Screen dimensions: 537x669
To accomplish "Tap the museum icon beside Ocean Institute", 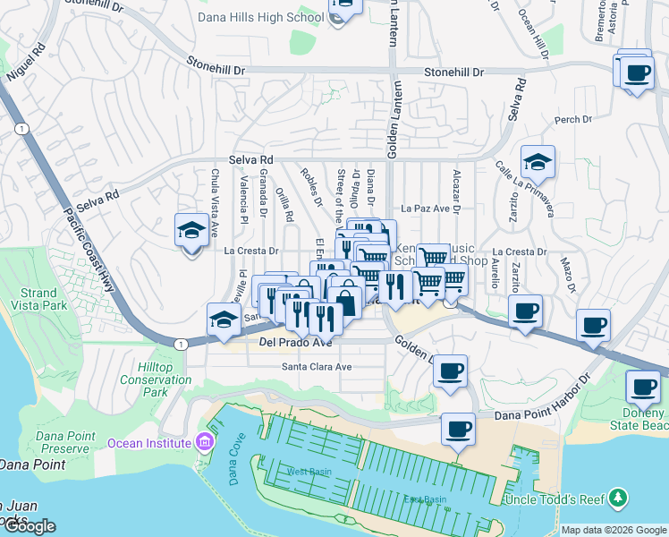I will click(x=205, y=442).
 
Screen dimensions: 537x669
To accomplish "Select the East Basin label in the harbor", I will click(x=424, y=499).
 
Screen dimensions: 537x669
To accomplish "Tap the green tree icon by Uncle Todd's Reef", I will click(x=617, y=498).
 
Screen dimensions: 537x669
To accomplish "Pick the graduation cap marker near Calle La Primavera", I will click(x=538, y=162).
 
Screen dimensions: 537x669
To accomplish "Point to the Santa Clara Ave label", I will click(x=317, y=367).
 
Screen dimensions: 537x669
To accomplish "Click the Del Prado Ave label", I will click(x=295, y=342).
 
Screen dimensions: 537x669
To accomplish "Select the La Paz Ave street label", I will click(x=424, y=208).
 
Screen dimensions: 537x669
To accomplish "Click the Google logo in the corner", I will click(x=29, y=526).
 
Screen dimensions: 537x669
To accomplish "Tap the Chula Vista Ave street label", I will click(x=215, y=193).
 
